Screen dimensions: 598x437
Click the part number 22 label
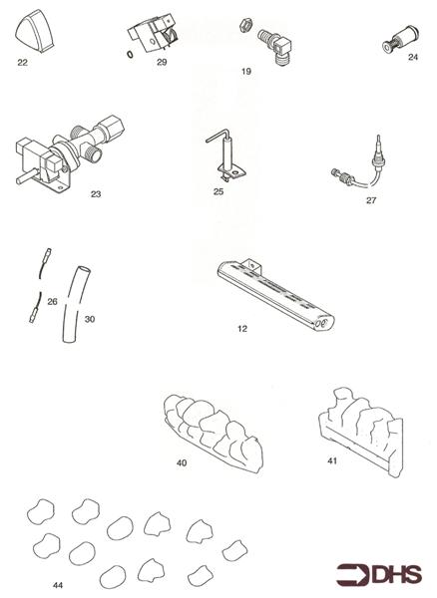(x=23, y=62)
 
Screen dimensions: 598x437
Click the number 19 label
(x=245, y=72)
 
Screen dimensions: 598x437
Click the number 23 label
(x=95, y=194)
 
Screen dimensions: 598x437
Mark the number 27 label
(x=371, y=200)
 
